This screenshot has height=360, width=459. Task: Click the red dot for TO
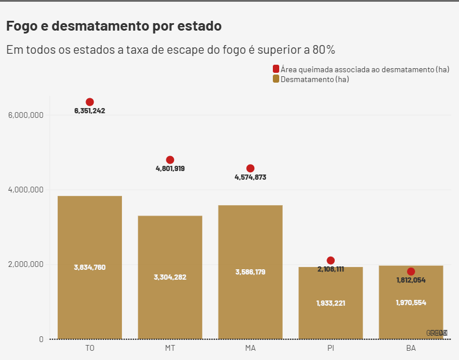[x=90, y=102]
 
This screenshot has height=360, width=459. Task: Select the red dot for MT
[x=170, y=160]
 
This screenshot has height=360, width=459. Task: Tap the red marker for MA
[x=250, y=169]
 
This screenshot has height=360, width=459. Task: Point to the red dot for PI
[x=331, y=261]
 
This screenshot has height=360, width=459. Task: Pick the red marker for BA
[x=411, y=272]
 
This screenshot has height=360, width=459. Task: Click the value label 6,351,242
[x=90, y=111]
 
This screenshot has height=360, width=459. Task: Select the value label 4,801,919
[x=170, y=169]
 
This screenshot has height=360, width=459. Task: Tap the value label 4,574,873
[x=250, y=177]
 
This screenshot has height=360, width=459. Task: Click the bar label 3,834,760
[x=90, y=268]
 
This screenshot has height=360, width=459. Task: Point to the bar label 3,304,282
[x=170, y=277]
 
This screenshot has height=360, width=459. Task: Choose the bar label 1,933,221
[x=331, y=303]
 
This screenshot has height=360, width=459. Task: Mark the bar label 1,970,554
[x=411, y=302]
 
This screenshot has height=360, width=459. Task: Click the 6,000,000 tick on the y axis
[x=26, y=115]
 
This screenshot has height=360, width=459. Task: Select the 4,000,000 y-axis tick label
[x=26, y=190]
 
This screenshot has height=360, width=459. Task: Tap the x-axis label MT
[x=170, y=348]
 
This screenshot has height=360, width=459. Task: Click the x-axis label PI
[x=331, y=348]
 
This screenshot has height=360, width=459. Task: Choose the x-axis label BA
[x=411, y=348]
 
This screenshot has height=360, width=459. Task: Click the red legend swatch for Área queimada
[x=276, y=69]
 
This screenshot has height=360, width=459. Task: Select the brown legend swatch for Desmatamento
[x=276, y=79]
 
